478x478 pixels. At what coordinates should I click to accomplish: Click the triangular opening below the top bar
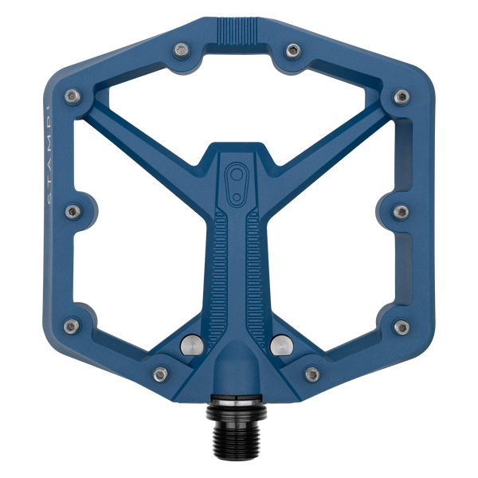(x=239, y=104)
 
